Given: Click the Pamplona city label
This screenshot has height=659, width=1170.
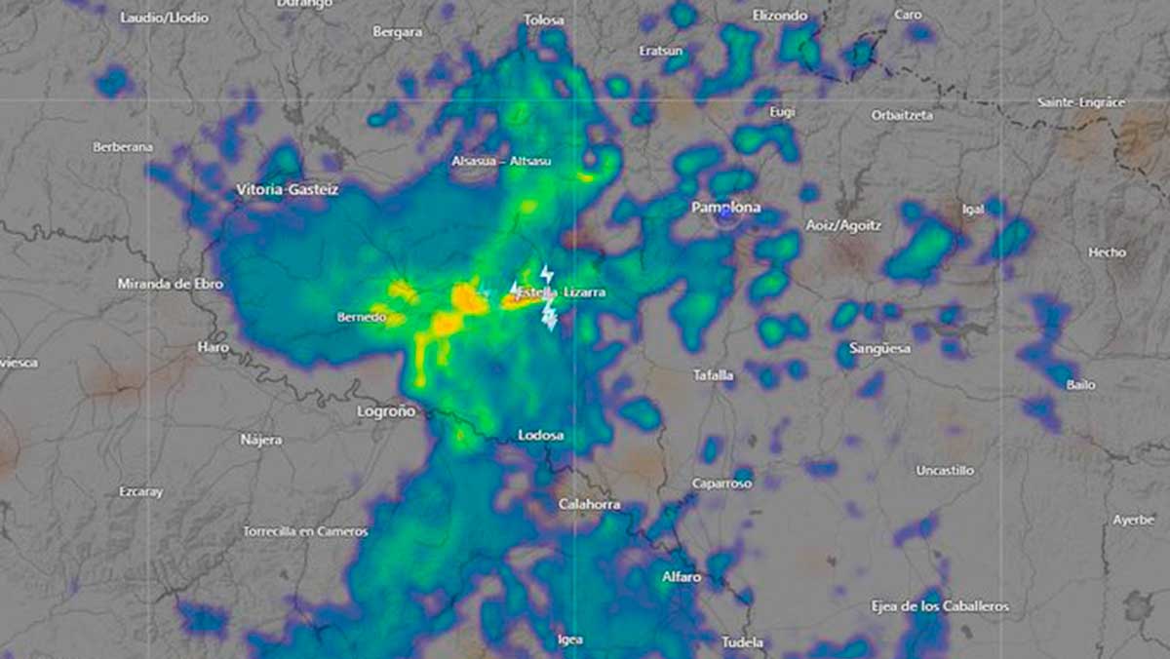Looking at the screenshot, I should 725,208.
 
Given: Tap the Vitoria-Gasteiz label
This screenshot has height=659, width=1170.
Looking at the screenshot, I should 287,189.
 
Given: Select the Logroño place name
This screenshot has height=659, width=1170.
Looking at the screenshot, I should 386,411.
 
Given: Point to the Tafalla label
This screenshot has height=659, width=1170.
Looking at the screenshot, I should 713,374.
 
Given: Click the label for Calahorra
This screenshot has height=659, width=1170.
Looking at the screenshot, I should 588,505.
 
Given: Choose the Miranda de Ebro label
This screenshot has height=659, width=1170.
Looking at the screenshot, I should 170,284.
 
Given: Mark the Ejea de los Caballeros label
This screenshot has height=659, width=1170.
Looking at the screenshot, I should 940,606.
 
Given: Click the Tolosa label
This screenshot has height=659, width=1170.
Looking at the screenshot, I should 544,19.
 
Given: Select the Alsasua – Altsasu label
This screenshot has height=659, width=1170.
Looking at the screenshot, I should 501,161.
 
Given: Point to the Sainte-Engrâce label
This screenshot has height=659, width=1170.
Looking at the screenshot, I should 1080,101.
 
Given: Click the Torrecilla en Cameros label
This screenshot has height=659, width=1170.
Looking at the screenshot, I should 305,531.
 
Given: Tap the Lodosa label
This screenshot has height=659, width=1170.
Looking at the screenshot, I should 541,435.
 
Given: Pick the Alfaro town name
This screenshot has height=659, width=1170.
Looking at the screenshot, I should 682,577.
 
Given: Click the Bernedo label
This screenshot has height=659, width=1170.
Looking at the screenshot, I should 362,317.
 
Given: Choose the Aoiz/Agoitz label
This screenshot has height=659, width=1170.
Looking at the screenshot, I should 843,225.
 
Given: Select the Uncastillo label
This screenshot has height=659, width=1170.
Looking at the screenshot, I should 944,470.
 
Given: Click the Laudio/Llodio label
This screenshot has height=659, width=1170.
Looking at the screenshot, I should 165,18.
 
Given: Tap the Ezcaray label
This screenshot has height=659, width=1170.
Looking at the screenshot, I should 141,491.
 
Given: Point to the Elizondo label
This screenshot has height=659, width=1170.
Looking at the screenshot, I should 780,16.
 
